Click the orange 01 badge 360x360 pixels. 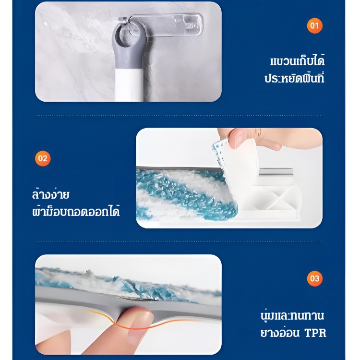click(314, 26)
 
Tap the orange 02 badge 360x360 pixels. click(43, 158)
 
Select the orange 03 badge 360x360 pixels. click(314, 278)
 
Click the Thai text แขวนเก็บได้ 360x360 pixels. click(297, 60)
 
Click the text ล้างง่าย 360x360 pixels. click(50, 194)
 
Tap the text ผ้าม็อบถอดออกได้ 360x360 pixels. click(76, 211)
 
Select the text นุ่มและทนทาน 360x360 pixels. click(292, 315)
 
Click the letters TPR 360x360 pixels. click(315, 333)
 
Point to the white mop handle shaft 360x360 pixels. click(129, 85)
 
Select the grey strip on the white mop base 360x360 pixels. click(276, 172)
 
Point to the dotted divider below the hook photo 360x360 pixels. click(179, 116)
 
